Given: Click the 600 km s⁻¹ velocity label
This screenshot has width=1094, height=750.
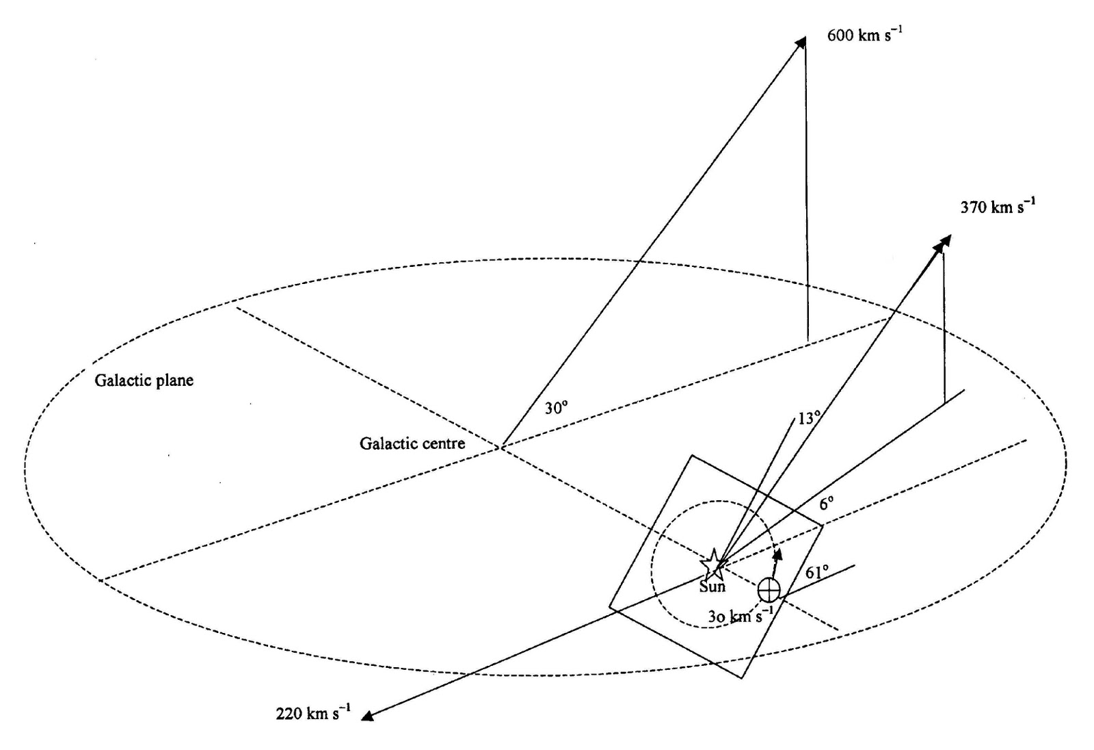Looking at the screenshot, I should (x=864, y=35).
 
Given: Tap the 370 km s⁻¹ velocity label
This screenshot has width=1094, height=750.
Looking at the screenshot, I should (x=997, y=206).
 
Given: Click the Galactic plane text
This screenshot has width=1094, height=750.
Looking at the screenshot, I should (x=144, y=380).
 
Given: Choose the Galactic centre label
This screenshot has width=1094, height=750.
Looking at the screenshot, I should (x=412, y=443).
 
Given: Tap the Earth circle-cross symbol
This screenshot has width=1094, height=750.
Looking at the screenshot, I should (x=769, y=589).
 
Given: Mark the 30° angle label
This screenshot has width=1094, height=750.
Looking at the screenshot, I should (x=556, y=409).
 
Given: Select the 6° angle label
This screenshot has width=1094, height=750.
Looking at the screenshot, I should (x=827, y=504).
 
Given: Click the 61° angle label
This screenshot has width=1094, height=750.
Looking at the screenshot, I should (x=816, y=572).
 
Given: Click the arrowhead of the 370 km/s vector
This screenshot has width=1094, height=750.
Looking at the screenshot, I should (x=946, y=240).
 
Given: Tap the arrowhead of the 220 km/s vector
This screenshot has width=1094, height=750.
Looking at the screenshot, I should (x=367, y=716).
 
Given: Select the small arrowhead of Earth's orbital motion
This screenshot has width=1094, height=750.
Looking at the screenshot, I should (x=777, y=554).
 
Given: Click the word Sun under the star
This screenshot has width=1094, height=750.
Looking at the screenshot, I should (x=712, y=586).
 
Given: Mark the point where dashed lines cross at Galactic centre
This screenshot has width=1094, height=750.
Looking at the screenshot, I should (x=501, y=448).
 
